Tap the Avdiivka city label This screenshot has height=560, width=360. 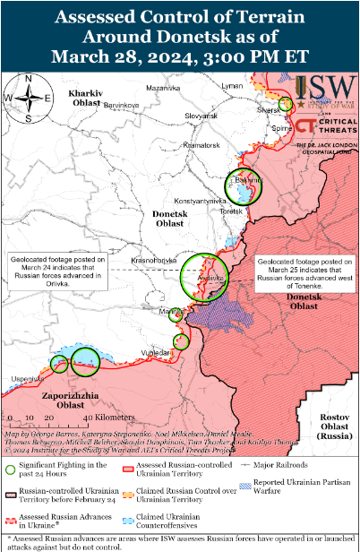[210, 278]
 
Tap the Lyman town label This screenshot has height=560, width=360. [232, 85]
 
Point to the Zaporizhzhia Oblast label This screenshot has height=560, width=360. [60, 400]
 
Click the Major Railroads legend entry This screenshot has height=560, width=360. [277, 466]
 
